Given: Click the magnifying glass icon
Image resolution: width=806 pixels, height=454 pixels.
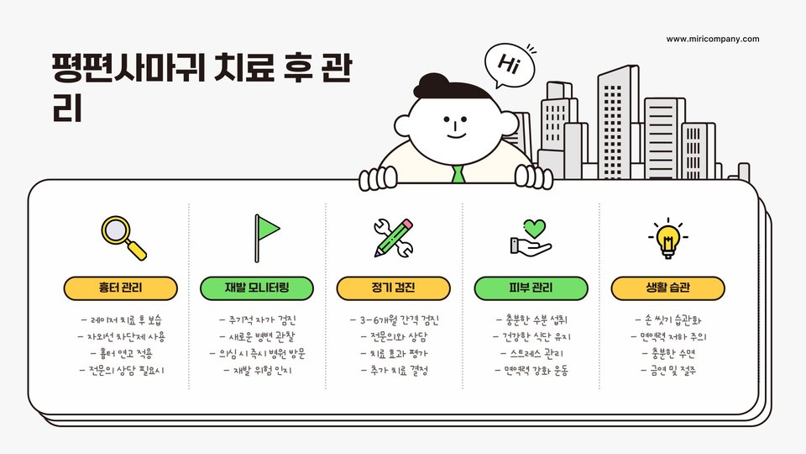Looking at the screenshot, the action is pyautogui.click(x=123, y=237).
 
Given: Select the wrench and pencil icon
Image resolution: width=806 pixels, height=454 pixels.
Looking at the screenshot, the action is pyautogui.click(x=393, y=237).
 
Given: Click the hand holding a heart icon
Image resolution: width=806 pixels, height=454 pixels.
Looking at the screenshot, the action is pyautogui.click(x=531, y=238).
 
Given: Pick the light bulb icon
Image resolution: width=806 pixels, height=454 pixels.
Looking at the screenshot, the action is pyautogui.click(x=667, y=238).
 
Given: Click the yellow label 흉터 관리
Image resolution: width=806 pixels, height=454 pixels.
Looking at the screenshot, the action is pyautogui.click(x=121, y=288).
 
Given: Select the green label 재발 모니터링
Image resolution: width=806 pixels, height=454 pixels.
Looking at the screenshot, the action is pyautogui.click(x=257, y=288).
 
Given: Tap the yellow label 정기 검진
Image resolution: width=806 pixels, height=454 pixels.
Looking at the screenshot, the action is pyautogui.click(x=393, y=288).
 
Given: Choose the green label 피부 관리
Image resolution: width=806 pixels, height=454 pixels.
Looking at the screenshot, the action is pyautogui.click(x=531, y=288).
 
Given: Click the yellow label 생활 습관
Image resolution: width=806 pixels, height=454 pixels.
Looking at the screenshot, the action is pyautogui.click(x=667, y=288).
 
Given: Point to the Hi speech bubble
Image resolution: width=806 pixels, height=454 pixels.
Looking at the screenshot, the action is pyautogui.click(x=509, y=63).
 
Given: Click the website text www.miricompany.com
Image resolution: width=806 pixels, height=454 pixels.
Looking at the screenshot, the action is pyautogui.click(x=713, y=39).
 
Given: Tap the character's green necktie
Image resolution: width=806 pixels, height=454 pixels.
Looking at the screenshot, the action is pyautogui.click(x=458, y=175).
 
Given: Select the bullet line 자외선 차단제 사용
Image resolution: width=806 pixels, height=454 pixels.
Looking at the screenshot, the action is pyautogui.click(x=121, y=337).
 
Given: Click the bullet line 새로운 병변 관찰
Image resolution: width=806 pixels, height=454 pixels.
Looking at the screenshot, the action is pyautogui.click(x=257, y=337).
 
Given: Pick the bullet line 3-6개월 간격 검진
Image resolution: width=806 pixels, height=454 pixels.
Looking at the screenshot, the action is pyautogui.click(x=394, y=320).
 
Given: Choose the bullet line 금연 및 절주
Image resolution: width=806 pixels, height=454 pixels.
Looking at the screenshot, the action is pyautogui.click(x=667, y=370).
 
